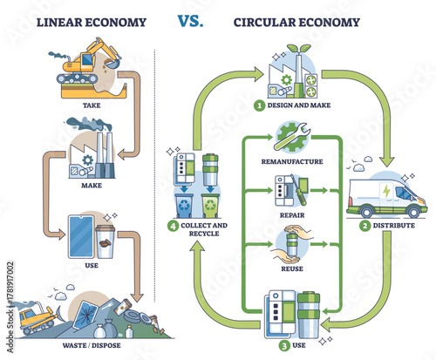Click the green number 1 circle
pos(259,107)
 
